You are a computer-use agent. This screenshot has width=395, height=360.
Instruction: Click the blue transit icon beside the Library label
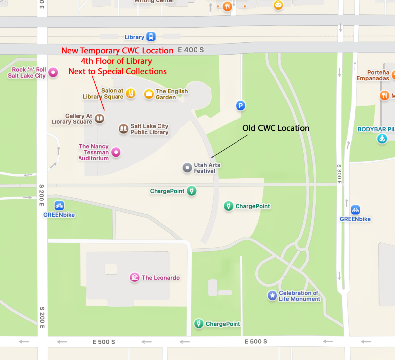[151, 37]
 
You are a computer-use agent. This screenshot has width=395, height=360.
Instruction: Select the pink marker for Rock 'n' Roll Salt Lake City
[53, 72]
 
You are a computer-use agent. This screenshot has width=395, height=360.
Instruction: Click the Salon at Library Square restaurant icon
[130, 93]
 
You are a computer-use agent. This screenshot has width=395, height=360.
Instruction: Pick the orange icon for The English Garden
[148, 94]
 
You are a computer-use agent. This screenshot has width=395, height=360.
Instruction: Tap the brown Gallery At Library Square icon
[99, 119]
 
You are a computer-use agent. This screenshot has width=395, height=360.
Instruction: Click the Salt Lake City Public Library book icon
[123, 129]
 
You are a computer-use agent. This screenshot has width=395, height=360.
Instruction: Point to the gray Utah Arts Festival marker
[187, 167]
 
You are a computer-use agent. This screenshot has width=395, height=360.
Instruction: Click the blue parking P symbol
[240, 105]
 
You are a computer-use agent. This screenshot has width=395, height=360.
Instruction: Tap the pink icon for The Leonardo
[134, 277]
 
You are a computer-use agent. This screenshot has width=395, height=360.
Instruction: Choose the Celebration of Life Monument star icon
[272, 295]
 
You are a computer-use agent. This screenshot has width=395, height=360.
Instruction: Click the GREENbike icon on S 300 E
[355, 210]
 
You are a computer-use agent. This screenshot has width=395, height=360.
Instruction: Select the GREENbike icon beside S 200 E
[59, 206]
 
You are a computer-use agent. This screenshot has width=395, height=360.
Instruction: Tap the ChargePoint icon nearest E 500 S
[198, 324]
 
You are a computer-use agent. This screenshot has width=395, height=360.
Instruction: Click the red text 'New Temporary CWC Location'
[117, 51]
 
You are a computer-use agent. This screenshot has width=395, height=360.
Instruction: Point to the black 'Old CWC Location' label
[276, 128]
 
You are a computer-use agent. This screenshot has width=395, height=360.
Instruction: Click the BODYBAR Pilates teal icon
[382, 139]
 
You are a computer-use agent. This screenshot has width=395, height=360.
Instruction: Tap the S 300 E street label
[339, 174]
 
